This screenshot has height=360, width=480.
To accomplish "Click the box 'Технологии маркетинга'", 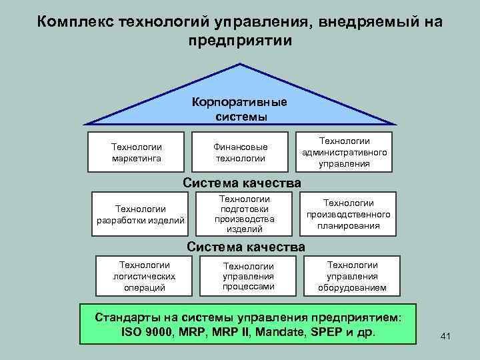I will click(x=137, y=152).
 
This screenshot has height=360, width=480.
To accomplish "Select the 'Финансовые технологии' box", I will click(x=240, y=152).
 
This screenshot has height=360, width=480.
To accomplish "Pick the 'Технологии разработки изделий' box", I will click(x=141, y=215).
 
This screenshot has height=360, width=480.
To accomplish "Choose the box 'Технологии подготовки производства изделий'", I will click(x=244, y=215).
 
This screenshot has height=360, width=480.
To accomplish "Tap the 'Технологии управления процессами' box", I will click(x=249, y=276).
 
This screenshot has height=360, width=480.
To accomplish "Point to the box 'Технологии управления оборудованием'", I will click(x=352, y=276).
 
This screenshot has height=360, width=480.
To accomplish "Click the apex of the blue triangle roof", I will click(x=240, y=65).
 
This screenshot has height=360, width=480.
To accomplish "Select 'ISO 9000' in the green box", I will click(x=146, y=331).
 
